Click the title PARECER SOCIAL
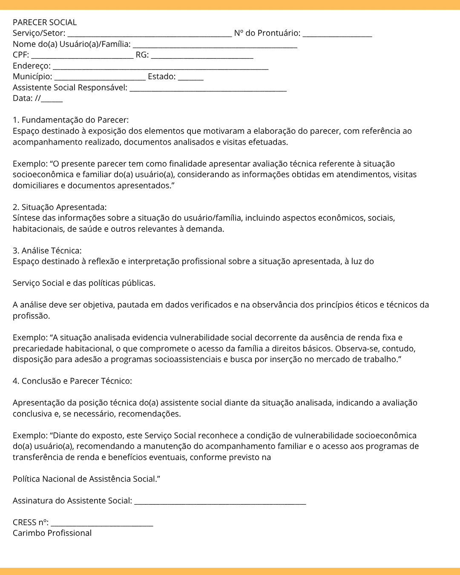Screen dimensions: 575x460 45,23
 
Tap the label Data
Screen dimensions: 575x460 23,98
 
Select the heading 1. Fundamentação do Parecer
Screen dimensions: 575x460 71,120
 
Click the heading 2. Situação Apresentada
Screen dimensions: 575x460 60,207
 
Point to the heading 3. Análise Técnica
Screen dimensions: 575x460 47,251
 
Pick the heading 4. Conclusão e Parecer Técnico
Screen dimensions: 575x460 72,381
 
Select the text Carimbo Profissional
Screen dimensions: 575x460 52,533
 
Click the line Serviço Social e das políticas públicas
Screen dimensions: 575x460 84,283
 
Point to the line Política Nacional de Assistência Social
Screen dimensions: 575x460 86,479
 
